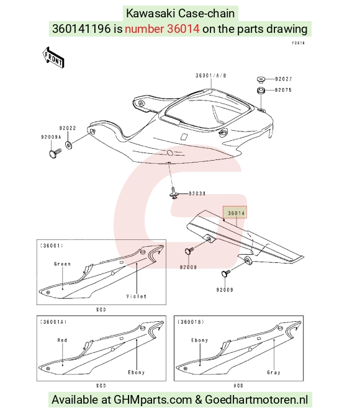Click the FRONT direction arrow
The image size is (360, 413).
pyautogui.click(x=53, y=58)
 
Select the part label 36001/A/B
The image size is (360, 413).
pyautogui.click(x=211, y=76)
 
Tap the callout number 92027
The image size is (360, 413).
pyautogui.click(x=284, y=79)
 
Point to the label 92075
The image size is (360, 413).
pyautogui.click(x=283, y=90)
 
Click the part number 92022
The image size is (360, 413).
pyautogui.click(x=68, y=128)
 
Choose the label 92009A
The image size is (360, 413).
pyautogui.click(x=51, y=137)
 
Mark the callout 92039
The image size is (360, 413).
pyautogui.click(x=197, y=193)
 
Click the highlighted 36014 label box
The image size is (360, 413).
pyautogui.click(x=235, y=213)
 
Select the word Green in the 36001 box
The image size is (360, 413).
pyautogui.click(x=63, y=264)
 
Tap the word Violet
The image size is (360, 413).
pyautogui.click(x=137, y=296)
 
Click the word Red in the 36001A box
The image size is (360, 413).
pyautogui.click(x=63, y=340)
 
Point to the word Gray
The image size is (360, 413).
pyautogui.click(x=274, y=373)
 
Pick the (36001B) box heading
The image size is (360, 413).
pyautogui.click(x=191, y=322)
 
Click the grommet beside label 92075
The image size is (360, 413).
pyautogui.click(x=261, y=91)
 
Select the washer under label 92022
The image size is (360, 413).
pyautogui.click(x=68, y=145)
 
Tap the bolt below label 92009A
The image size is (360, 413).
pyautogui.click(x=55, y=153)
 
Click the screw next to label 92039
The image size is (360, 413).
pyautogui.click(x=174, y=193)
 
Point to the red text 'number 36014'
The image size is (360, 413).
pyautogui.click(x=162, y=29)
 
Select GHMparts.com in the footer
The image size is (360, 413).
pyautogui.click(x=153, y=399)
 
